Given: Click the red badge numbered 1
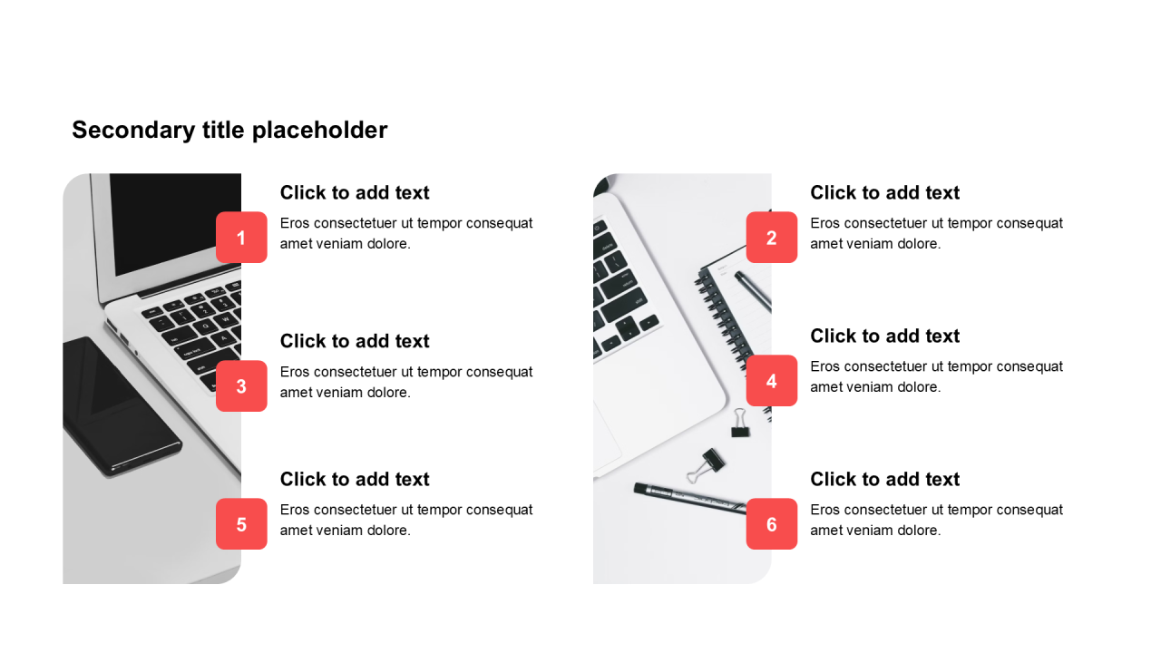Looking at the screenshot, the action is point(241,238).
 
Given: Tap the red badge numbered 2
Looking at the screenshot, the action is point(772,238).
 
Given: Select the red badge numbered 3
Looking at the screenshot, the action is point(241,386).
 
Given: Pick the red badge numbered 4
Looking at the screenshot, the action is point(772,381).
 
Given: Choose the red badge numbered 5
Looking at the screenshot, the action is point(241,524).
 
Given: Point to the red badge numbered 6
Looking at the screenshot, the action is point(772,524).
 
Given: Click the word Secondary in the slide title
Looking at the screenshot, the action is point(133,131).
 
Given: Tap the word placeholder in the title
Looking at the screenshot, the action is point(320,131).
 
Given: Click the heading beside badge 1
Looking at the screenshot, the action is point(355,193).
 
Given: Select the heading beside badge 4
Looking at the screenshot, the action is point(884,336).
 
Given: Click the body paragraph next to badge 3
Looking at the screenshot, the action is point(406,382).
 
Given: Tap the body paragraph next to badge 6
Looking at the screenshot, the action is point(937,520).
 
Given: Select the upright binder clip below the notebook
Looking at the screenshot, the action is point(739,423).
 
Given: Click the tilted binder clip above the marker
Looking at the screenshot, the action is point(707,466).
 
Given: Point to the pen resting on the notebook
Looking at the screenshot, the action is point(753,291).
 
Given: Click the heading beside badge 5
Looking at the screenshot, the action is point(355,480).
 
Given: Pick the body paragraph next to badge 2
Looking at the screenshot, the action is point(937,233).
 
